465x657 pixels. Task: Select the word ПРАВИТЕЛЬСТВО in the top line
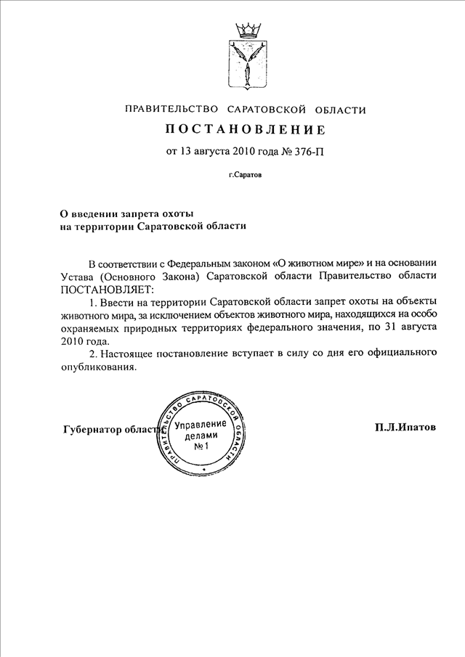[x=172, y=110]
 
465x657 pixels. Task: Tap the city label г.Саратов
[x=245, y=176]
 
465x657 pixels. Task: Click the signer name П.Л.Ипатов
[x=405, y=428]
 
